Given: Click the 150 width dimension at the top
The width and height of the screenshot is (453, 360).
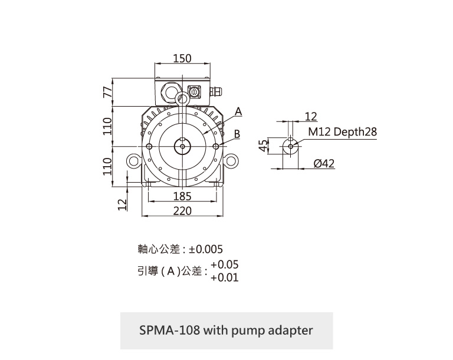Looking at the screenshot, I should coord(183,58).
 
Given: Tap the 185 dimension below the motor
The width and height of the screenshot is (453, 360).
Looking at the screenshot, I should coord(182,196).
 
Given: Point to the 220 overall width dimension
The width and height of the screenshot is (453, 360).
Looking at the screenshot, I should coord(182,210).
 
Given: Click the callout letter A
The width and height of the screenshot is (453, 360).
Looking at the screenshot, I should coord(238,111).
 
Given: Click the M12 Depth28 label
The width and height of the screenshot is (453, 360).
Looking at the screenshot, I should coord(342,132).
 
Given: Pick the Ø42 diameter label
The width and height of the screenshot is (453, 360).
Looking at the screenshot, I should coord(324,163).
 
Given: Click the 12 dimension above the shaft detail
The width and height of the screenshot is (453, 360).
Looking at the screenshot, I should coord(311,115).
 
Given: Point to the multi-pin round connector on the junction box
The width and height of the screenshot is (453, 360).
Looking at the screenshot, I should coord(195,93).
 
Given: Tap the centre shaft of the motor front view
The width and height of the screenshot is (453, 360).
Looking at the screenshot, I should coord(182,146).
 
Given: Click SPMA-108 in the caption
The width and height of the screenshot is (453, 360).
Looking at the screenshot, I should coord(169,330).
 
